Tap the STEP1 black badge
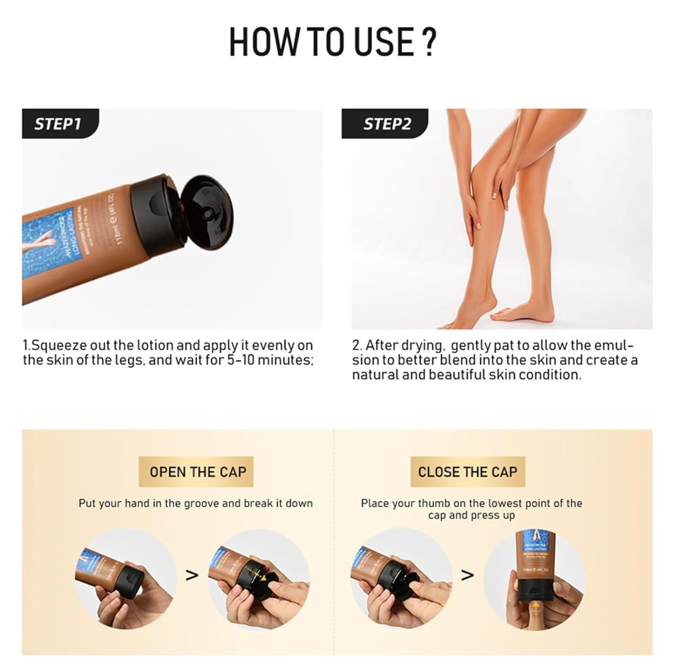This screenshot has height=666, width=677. [x=58, y=123]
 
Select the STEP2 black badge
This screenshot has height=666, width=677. [x=386, y=123]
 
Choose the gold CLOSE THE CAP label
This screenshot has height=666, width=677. [x=468, y=472]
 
